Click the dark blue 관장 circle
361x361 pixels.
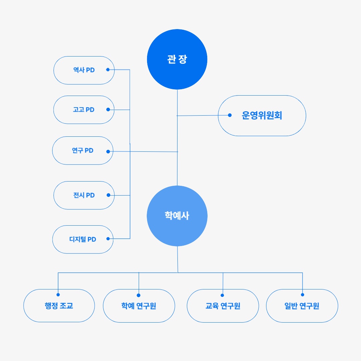[x=177, y=59]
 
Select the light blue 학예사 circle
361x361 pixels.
[x=177, y=216]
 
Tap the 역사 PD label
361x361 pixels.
[x=84, y=70]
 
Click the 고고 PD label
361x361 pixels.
[x=84, y=110]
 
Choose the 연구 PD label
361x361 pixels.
[x=83, y=150]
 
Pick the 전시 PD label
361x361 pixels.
[x=84, y=195]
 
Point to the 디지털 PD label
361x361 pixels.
[x=83, y=239]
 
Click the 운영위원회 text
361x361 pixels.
[x=262, y=115]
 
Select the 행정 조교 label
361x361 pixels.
[x=59, y=306]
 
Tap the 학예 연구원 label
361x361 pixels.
[x=139, y=306]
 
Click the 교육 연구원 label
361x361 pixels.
[x=223, y=306]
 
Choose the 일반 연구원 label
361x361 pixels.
[x=302, y=306]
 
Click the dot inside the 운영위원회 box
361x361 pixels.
[x=230, y=115]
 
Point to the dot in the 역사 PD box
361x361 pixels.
[x=108, y=70]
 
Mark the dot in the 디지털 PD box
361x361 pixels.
[x=108, y=239]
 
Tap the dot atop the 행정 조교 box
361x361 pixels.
[x=58, y=295]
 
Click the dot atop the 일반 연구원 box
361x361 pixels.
[x=303, y=295]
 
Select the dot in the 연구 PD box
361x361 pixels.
[x=108, y=151]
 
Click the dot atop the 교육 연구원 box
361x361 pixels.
[x=222, y=295]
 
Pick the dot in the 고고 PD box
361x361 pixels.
[x=108, y=109]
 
